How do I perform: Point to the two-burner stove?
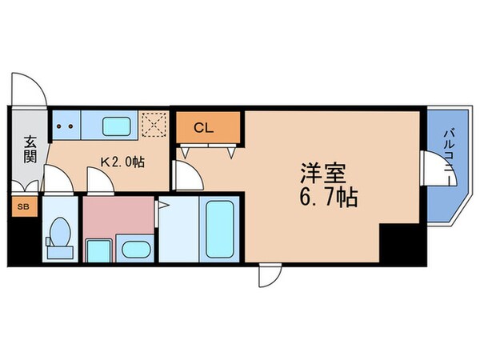[x=66, y=126]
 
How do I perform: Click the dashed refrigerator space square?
[x=152, y=125]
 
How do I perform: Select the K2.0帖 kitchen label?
[x=122, y=162]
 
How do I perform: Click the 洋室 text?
[x=322, y=173]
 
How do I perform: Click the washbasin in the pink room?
[x=134, y=249]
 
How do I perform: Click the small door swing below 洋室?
[x=270, y=276]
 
